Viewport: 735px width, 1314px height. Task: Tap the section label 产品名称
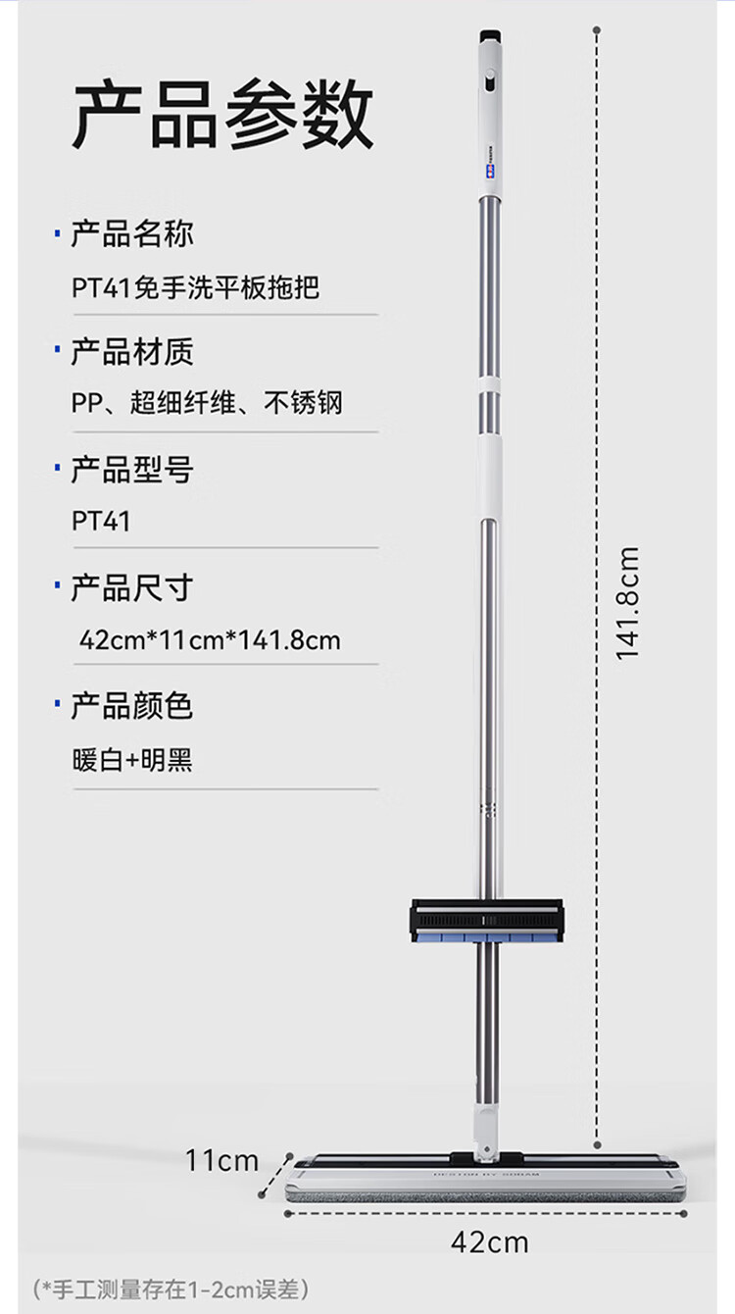click(132, 234)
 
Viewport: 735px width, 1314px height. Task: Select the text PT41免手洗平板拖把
click(196, 287)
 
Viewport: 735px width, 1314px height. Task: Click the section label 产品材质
click(132, 352)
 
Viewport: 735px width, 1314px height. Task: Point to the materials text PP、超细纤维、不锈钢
click(208, 403)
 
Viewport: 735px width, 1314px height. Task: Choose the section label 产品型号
click(132, 470)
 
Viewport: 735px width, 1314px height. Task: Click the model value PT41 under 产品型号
click(101, 521)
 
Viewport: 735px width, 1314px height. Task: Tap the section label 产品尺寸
click(132, 588)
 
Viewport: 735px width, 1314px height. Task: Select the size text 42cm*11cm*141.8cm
click(210, 640)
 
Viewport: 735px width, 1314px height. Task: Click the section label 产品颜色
click(132, 706)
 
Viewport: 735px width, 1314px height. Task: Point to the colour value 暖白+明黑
click(132, 759)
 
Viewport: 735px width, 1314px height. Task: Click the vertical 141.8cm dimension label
click(627, 603)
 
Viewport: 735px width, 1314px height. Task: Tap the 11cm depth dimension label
click(222, 1161)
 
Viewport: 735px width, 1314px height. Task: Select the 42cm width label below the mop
click(489, 1242)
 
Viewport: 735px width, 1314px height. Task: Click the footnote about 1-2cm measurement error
click(171, 1288)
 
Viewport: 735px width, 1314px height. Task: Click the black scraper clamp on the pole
click(487, 919)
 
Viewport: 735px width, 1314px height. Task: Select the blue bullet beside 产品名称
click(57, 235)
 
